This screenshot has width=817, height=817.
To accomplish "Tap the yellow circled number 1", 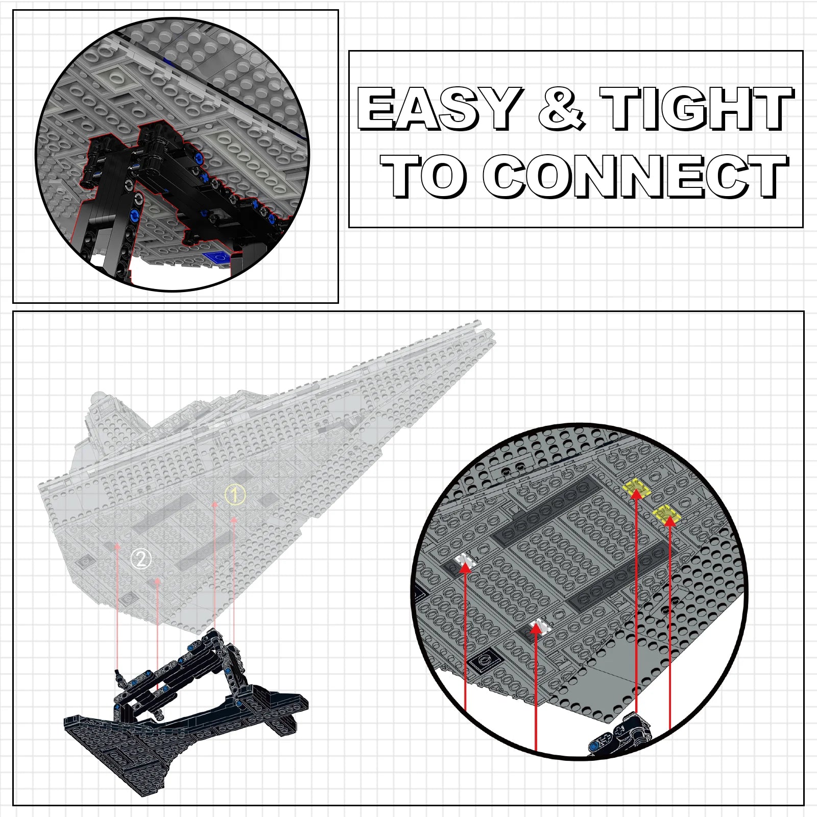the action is click(235, 494).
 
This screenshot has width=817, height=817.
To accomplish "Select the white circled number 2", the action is click(141, 559).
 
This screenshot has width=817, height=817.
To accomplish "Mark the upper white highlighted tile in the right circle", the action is click(466, 561).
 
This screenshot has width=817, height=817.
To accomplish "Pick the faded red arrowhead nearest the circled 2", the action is click(158, 581).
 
